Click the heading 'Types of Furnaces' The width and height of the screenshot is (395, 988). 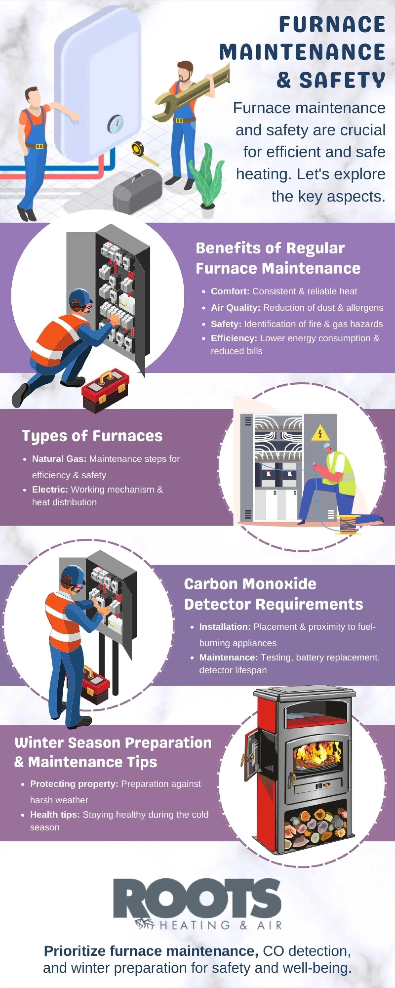coord(92,436)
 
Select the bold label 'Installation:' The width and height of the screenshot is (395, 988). coord(225,627)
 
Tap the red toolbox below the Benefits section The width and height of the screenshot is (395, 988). coord(106,390)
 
